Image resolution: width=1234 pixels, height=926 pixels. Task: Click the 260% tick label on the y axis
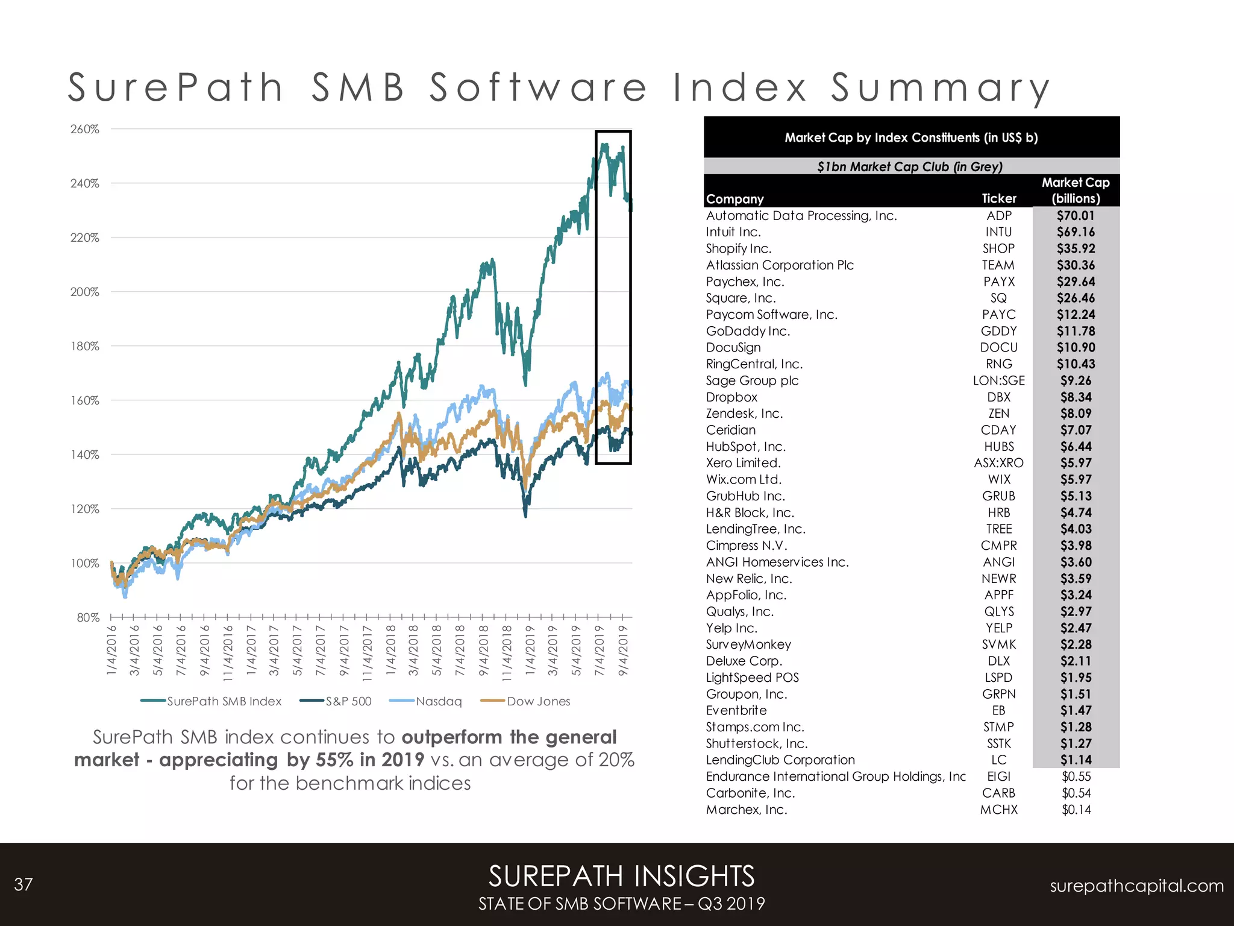point(84,129)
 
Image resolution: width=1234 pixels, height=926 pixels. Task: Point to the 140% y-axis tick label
point(84,455)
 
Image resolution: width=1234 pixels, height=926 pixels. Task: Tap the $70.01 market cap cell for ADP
point(1076,215)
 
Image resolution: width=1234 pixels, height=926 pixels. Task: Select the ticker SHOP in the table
point(998,248)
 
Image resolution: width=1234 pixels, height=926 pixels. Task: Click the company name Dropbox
point(731,397)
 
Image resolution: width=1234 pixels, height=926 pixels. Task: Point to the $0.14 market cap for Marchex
point(1076,810)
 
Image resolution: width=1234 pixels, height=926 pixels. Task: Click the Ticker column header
point(998,198)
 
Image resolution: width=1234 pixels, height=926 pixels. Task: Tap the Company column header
point(734,199)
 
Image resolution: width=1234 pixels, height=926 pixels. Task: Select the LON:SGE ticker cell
point(998,380)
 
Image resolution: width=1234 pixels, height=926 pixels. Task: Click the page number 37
point(23,884)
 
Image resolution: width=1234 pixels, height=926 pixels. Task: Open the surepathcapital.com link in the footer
point(1136,886)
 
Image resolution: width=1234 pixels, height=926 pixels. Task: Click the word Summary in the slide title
point(940,87)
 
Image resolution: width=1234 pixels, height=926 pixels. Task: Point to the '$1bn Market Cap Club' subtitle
point(910,166)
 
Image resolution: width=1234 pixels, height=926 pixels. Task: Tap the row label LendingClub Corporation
point(780,760)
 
